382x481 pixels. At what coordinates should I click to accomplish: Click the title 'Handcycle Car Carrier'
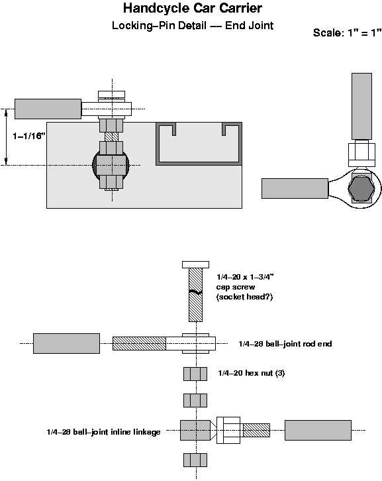click(192, 9)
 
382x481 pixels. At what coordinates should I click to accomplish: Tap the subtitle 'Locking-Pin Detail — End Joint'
click(192, 27)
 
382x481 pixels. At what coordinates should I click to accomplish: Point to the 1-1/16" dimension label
click(28, 135)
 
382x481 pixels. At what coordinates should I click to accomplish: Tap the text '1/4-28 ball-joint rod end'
click(285, 344)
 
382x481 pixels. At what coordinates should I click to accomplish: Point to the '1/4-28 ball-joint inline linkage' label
click(103, 432)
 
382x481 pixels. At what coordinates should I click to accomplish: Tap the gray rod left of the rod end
click(66, 343)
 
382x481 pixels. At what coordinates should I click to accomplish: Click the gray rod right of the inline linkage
click(318, 430)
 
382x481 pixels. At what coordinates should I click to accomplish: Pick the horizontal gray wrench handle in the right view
click(295, 188)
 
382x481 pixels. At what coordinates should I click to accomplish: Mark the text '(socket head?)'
click(244, 297)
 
